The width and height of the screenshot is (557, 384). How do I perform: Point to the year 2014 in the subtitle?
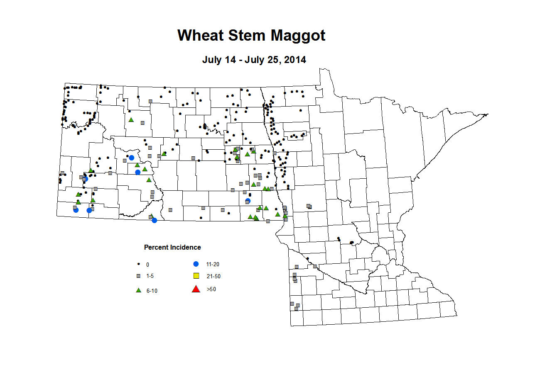point(295,60)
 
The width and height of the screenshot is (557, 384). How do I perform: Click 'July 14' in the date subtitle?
point(219,60)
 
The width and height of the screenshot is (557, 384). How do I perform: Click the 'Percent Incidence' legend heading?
point(172,247)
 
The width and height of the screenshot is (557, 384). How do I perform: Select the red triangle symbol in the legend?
point(196,289)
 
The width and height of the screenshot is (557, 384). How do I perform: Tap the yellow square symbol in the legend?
point(196,276)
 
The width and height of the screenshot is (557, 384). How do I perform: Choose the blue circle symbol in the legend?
point(196,264)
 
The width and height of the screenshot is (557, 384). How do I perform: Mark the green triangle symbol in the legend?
point(139,290)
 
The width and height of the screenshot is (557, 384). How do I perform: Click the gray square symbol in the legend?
point(139,276)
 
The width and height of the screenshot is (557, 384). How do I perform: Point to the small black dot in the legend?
point(138,264)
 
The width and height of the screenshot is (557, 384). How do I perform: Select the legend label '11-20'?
point(213,264)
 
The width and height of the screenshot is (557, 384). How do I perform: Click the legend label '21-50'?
point(213,276)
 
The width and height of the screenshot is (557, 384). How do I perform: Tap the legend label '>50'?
point(211,289)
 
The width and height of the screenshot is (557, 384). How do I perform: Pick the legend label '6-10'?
point(152,291)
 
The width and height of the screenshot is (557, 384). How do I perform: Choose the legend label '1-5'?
point(150,276)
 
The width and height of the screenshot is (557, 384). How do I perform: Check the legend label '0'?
point(147,265)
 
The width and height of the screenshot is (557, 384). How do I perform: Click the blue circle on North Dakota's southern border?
point(155,220)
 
